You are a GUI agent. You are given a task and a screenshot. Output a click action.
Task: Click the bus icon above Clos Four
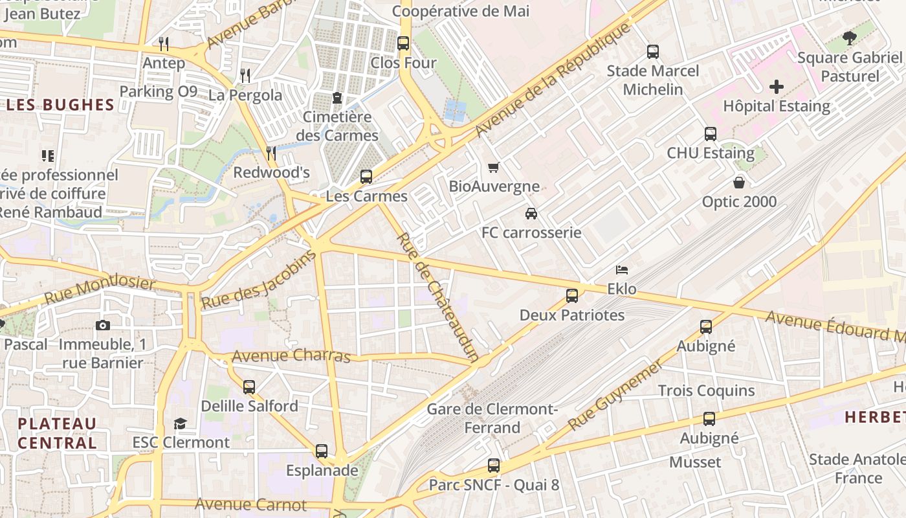pos(403,44)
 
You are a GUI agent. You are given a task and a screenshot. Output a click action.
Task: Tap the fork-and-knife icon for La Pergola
pos(245,76)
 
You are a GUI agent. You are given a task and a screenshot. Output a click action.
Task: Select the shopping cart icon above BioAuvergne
pos(494,168)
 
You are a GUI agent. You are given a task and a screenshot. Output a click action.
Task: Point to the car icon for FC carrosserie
pos(531,213)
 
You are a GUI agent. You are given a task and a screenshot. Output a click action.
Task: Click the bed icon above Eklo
pos(622,269)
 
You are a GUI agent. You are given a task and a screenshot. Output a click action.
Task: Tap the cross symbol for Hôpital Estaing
pos(776,87)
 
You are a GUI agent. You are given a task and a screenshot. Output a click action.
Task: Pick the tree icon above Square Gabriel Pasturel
pos(850,38)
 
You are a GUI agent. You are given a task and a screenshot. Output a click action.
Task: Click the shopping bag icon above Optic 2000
pos(739,183)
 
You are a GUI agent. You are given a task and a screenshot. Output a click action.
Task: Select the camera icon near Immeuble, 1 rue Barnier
pos(102,325)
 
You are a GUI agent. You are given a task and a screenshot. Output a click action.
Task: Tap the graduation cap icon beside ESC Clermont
pos(180,423)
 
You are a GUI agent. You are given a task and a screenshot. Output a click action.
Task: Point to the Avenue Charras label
pos(291,355)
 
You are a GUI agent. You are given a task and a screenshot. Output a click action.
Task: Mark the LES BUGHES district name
pos(60,105)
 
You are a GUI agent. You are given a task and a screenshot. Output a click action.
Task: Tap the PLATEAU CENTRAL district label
pos(57,433)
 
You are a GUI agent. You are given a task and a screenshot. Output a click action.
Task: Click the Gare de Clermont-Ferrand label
pos(492,418)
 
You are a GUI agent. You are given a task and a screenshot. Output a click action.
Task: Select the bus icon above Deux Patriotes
pos(572,296)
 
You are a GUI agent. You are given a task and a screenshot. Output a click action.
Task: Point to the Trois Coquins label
pos(706,390)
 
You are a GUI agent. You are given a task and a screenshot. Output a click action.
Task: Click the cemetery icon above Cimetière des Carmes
pos(337,98)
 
